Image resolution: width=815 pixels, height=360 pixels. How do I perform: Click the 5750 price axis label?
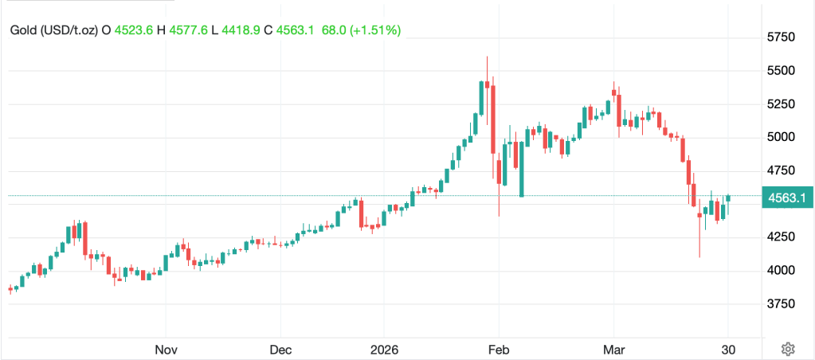point(781,37)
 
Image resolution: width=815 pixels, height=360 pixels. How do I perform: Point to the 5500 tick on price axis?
point(781,71)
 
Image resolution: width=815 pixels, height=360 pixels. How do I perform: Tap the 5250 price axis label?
point(781,104)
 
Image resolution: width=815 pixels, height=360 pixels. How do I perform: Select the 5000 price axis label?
point(781,137)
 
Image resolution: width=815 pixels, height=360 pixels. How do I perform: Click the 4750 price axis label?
point(781,170)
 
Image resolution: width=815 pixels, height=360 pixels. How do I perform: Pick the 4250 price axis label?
point(781,237)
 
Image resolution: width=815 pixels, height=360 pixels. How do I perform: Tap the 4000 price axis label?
point(781,271)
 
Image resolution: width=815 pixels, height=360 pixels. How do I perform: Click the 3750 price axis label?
point(781,304)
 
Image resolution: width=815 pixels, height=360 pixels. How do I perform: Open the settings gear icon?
point(788,349)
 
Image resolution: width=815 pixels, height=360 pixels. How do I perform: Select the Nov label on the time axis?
point(166,349)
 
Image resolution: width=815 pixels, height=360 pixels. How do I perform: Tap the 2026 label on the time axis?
point(383,349)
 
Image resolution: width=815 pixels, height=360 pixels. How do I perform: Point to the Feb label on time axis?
point(499,349)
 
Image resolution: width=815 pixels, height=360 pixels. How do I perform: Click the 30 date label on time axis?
point(728,349)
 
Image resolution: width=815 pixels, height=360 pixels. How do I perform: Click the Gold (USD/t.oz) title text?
point(53,30)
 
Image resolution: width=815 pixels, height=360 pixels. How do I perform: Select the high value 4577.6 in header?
point(186,30)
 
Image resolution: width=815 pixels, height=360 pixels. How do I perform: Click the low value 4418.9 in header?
point(240,30)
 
